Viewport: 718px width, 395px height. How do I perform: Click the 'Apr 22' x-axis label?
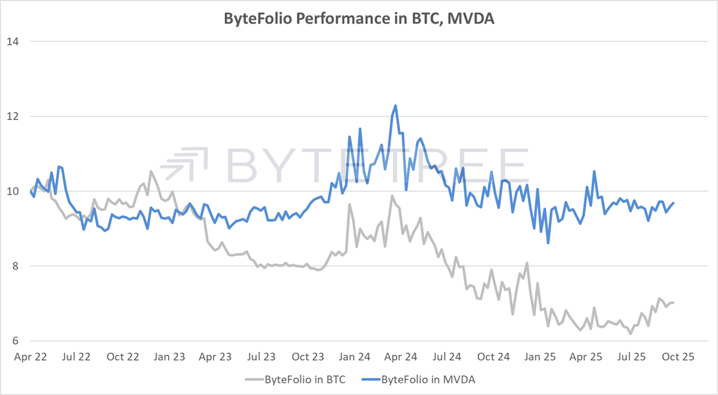click(x=30, y=357)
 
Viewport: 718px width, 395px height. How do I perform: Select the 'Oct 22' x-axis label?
click(x=123, y=357)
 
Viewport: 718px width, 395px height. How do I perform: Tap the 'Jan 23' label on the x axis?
click(x=169, y=357)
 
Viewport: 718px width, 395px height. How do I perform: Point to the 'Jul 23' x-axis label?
click(x=261, y=357)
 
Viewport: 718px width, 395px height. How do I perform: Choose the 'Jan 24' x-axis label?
click(x=355, y=357)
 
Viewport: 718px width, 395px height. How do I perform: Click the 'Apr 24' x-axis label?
click(x=401, y=357)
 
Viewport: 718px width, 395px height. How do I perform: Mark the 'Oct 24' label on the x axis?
click(x=494, y=357)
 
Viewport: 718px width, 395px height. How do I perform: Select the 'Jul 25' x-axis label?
click(x=632, y=357)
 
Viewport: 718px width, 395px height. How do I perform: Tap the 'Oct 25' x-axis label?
click(x=679, y=357)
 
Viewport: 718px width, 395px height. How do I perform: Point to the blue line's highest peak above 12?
click(x=395, y=106)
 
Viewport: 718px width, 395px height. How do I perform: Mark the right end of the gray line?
click(x=674, y=303)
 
